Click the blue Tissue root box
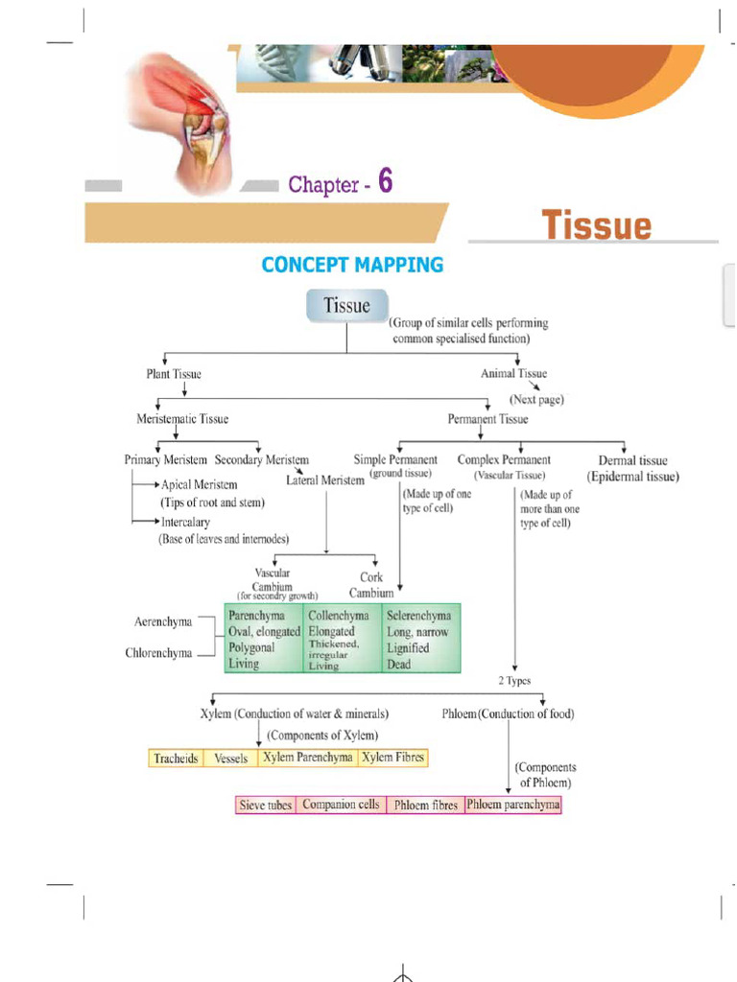[x=346, y=306]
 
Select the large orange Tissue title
[x=596, y=226]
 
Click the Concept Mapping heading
[x=352, y=265]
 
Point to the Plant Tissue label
[x=174, y=374]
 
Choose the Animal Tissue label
[x=514, y=373]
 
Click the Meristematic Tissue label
[x=182, y=419]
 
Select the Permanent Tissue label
[x=487, y=419]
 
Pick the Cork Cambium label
[x=371, y=585]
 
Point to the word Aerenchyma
[x=163, y=622]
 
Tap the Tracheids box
[x=176, y=759]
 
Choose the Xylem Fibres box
[x=392, y=758]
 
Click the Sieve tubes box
[x=266, y=806]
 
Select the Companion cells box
[x=341, y=806]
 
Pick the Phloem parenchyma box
[x=512, y=806]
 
